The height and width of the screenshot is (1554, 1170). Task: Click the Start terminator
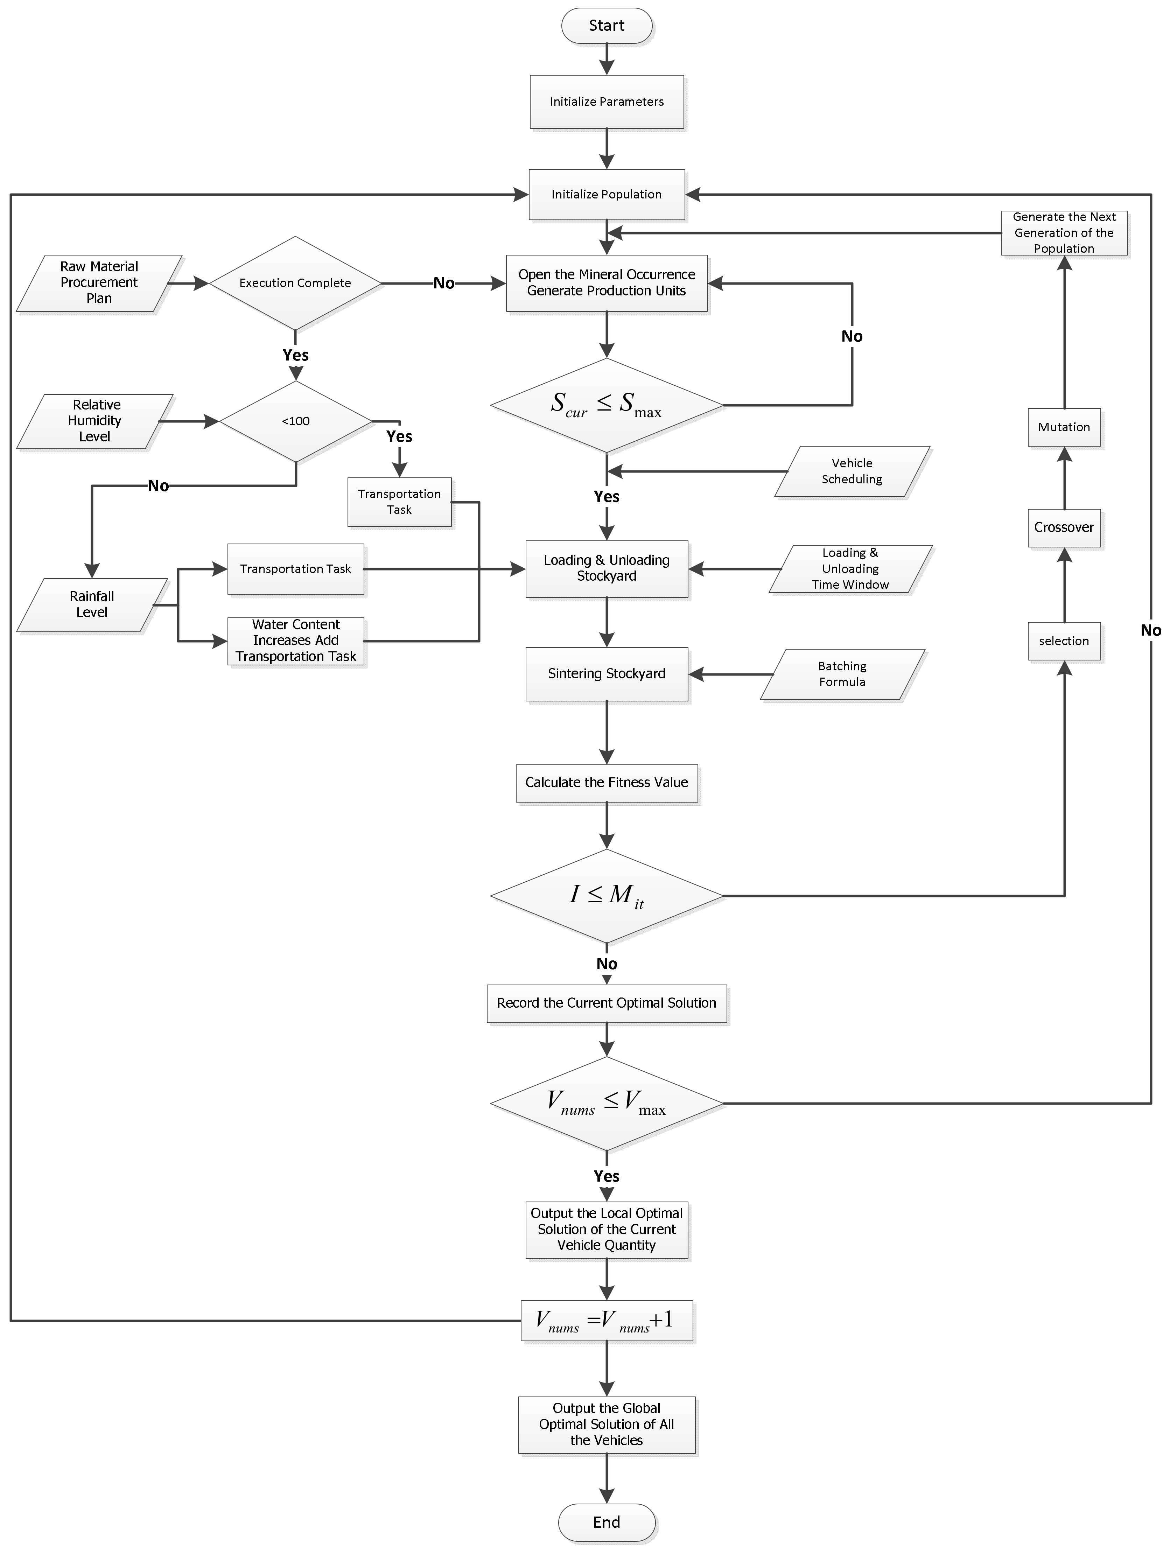607,26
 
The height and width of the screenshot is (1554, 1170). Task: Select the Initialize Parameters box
607,102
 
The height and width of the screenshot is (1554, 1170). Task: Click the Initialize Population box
607,195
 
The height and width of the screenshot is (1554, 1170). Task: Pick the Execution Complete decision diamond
295,283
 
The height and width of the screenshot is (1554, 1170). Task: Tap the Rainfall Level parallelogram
92,604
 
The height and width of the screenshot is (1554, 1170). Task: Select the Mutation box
1064,427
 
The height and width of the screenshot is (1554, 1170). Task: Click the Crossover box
1064,527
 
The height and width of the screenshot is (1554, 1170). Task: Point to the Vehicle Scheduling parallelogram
852,471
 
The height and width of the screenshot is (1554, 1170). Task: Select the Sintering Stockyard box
607,674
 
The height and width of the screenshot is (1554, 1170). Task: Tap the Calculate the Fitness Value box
607,783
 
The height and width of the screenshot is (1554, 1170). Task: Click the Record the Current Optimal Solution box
607,1003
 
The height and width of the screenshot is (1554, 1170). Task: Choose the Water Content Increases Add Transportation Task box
296,641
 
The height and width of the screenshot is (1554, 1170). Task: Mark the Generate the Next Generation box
1064,232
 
